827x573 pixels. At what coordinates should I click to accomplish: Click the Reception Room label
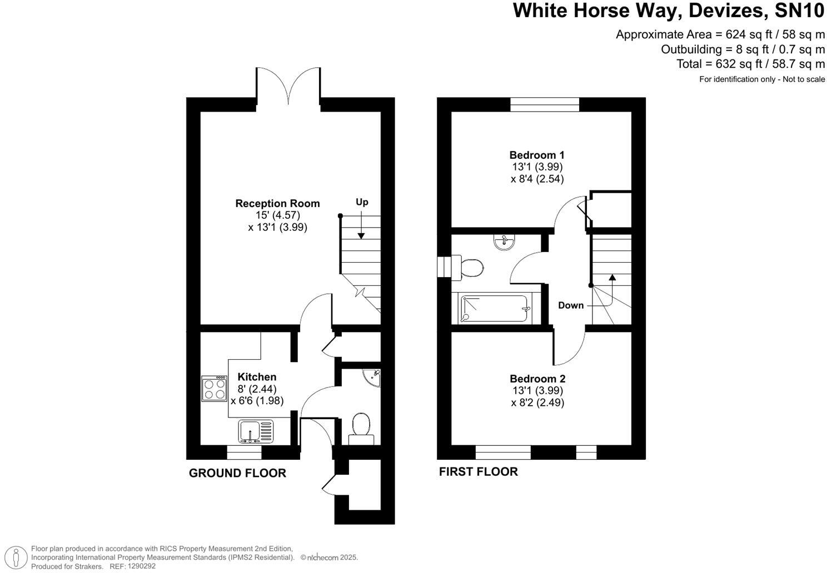[277, 204]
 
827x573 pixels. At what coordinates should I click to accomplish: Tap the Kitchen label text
[257, 377]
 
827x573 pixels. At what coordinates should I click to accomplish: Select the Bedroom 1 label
[536, 155]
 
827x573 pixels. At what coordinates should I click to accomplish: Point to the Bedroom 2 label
[537, 379]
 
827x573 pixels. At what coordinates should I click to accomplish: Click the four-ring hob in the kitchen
[215, 389]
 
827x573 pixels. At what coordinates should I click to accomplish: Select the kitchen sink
[256, 431]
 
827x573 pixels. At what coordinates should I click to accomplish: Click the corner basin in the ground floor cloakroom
[372, 376]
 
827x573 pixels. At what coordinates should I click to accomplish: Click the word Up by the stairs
[362, 202]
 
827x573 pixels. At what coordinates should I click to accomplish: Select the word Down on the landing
[571, 305]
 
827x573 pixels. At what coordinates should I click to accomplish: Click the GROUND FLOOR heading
[237, 473]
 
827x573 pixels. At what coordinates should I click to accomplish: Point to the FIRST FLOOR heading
[478, 472]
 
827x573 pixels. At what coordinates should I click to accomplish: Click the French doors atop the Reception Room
[288, 86]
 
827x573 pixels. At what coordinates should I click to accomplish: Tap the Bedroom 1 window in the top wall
[545, 104]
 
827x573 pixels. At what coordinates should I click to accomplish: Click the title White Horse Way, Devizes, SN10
[669, 11]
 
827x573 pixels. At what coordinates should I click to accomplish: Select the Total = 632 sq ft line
[750, 64]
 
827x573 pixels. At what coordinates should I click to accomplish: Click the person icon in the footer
[19, 557]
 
